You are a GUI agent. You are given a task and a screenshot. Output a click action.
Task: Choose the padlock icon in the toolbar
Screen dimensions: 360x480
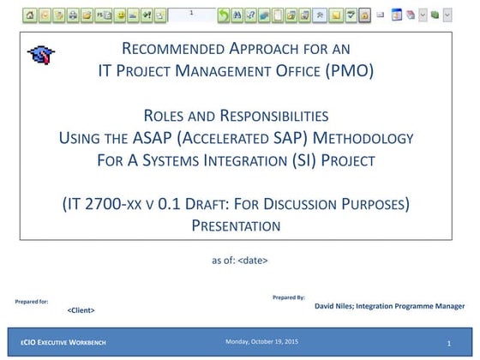click(364, 15)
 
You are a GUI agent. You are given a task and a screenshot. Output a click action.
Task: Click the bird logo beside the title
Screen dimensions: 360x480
click(39, 56)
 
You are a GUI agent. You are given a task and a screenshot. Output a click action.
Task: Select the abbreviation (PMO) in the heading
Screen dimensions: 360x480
click(351, 71)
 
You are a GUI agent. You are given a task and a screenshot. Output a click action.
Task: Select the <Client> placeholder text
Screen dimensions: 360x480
click(81, 310)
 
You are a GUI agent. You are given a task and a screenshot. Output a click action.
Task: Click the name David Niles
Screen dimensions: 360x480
click(334, 306)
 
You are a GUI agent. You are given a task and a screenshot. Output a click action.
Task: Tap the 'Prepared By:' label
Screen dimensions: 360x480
click(288, 297)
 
